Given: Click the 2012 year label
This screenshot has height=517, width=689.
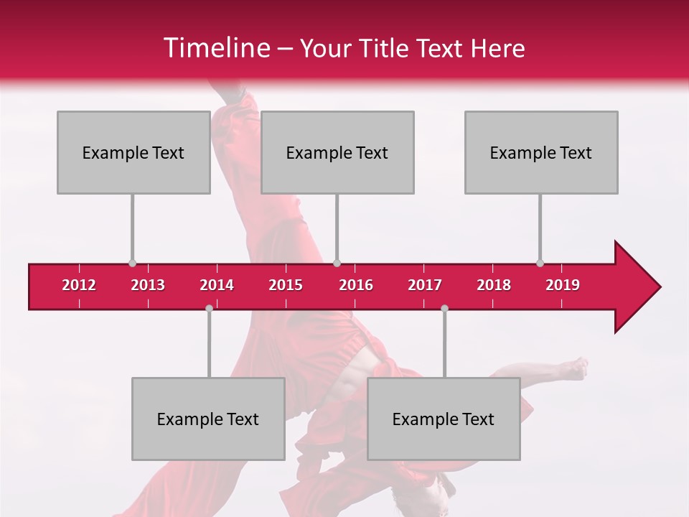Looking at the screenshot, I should click(79, 285).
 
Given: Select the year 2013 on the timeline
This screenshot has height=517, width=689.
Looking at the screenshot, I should click(148, 285).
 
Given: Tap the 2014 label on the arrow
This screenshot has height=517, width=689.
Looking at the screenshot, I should click(217, 285).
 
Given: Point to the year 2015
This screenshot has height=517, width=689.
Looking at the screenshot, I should click(286, 285).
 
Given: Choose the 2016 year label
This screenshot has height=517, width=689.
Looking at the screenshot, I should click(356, 285).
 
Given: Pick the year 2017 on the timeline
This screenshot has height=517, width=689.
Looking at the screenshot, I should click(425, 285).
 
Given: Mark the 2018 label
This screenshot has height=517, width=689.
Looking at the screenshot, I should click(494, 285).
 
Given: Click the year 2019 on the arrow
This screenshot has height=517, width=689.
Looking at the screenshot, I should click(563, 285).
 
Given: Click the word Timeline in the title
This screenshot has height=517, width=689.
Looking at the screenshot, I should click(215, 48).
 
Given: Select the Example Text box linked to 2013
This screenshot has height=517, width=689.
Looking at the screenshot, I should click(133, 152).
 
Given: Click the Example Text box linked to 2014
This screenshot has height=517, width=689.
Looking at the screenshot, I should click(208, 419).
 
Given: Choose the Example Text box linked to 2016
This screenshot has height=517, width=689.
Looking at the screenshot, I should click(337, 152).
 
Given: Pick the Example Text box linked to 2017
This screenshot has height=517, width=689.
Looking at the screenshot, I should click(444, 419).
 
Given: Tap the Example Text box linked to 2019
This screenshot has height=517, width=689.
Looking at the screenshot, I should click(541, 152).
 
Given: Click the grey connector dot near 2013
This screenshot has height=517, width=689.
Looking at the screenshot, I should click(132, 263).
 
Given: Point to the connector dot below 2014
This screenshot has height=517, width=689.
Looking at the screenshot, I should click(209, 308).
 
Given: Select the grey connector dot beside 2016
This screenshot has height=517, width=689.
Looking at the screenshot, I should click(337, 263).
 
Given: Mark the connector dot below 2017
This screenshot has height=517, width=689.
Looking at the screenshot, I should click(444, 308).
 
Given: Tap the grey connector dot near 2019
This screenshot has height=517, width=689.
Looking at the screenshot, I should click(540, 263).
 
